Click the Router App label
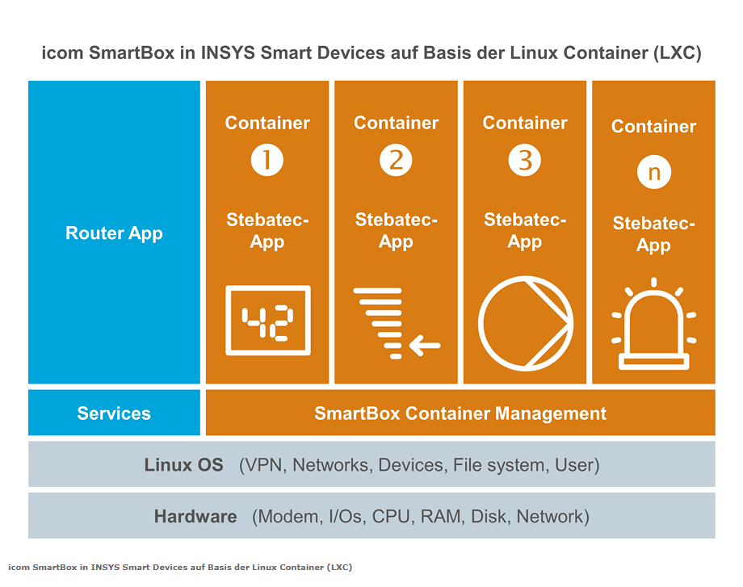pyautogui.click(x=114, y=233)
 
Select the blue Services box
pyautogui.click(x=114, y=413)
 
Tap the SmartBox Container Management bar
pyautogui.click(x=460, y=413)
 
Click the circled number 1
pyautogui.click(x=267, y=160)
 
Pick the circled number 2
pyautogui.click(x=397, y=160)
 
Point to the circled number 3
pyautogui.click(x=525, y=160)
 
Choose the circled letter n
pyautogui.click(x=654, y=172)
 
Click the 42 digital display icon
pyautogui.click(x=268, y=321)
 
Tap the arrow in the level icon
pyautogui.click(x=425, y=346)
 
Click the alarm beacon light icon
pyautogui.click(x=654, y=324)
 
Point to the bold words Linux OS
pyautogui.click(x=184, y=465)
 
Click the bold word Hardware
pyautogui.click(x=195, y=517)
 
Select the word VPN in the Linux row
pyautogui.click(x=266, y=465)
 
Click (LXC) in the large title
pyautogui.click(x=677, y=52)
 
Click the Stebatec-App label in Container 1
pyautogui.click(x=267, y=231)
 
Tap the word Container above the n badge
pyautogui.click(x=654, y=127)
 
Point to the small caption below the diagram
pyautogui.click(x=180, y=567)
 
